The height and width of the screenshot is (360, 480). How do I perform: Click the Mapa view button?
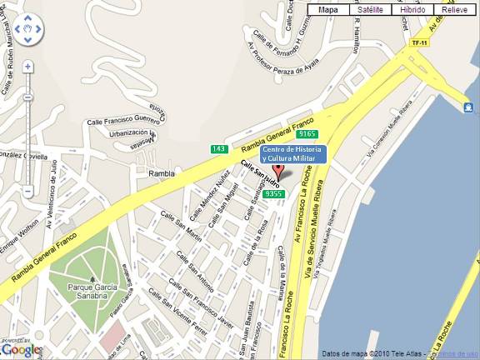329,10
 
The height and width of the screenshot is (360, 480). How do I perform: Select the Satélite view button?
370,10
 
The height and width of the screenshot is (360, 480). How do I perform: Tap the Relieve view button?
455,10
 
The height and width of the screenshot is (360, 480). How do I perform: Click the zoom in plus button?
27,66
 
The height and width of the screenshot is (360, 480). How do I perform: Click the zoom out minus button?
27,191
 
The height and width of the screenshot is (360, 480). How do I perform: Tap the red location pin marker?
280,174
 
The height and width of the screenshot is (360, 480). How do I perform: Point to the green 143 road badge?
219,149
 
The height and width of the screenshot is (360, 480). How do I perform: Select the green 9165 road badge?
307,133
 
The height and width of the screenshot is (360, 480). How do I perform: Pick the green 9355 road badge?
272,193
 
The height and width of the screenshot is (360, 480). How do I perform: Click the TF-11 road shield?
418,42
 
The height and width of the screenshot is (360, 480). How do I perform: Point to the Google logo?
21,349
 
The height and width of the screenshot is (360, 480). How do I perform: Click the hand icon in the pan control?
27,32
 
